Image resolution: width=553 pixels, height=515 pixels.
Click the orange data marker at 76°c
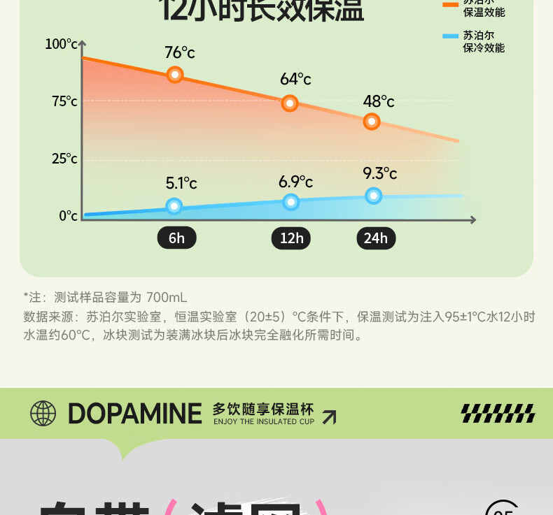coord(175,75)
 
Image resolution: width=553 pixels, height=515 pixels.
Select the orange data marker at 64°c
coord(290,103)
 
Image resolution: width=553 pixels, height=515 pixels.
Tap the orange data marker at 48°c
coord(372,122)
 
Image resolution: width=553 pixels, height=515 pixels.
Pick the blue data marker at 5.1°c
coord(174,206)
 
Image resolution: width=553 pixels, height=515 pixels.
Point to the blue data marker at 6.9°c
coord(291,203)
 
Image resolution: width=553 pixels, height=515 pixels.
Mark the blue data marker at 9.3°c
coord(374,196)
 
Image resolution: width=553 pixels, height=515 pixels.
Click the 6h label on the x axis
coord(176,238)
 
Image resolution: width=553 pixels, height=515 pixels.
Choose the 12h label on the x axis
coord(291,238)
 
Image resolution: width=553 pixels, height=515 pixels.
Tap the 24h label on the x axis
coord(376,238)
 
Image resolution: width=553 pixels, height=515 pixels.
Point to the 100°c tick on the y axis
coord(62,45)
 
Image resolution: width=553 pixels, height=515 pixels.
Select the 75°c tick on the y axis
coord(64,102)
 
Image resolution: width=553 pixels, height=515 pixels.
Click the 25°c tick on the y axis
coord(64,159)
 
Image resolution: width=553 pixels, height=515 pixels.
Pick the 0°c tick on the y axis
coord(68,216)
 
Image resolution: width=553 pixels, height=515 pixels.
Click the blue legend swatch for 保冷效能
coord(451,35)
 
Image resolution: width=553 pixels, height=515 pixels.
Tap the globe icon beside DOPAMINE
coord(43,414)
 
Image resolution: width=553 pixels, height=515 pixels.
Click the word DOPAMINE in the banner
coord(134,414)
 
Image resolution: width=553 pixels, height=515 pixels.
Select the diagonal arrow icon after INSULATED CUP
coord(328,417)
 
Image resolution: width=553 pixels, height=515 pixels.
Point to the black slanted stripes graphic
coord(498,414)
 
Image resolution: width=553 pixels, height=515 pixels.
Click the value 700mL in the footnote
coord(167,297)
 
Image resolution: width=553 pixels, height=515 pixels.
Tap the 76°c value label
coord(180,52)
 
